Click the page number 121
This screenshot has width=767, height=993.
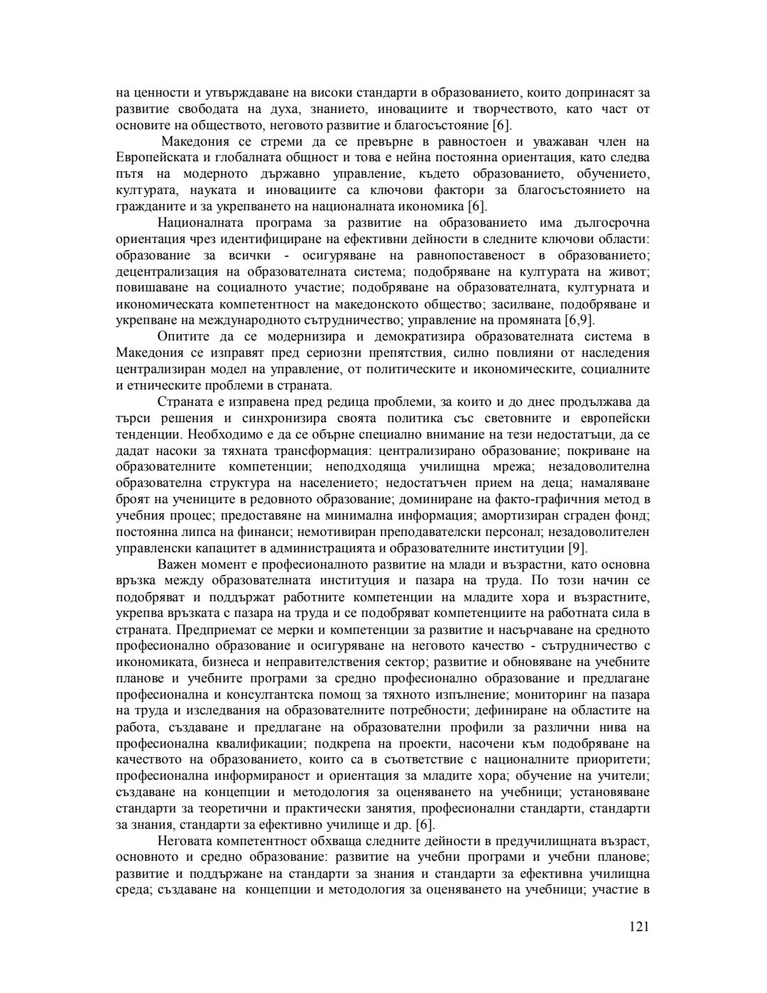coord(639,926)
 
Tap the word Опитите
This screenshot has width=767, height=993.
coord(183,336)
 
